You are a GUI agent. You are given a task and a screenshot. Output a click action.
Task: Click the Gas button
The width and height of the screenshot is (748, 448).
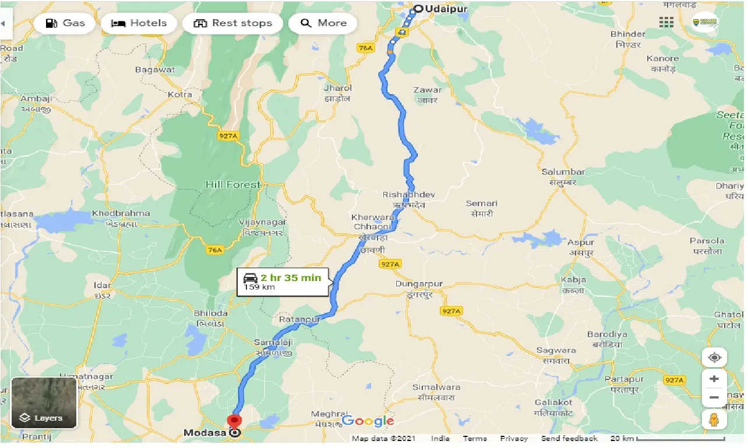(x=64, y=23)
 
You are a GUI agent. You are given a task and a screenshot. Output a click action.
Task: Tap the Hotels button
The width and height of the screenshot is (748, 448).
(x=139, y=23)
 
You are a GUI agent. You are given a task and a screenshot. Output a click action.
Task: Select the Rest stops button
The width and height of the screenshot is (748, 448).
(x=232, y=23)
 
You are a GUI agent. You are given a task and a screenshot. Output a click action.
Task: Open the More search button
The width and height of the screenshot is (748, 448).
(x=323, y=23)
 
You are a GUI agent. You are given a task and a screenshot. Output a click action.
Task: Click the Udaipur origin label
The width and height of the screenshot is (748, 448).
(x=437, y=9)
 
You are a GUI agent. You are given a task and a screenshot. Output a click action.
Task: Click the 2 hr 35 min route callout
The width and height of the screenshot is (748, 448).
(x=283, y=282)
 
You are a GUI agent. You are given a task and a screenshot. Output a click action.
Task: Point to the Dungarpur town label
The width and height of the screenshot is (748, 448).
(x=419, y=284)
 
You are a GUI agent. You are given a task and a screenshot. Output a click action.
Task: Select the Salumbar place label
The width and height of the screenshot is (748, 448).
(x=563, y=172)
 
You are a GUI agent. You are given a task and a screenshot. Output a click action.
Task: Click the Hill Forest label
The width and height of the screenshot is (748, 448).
(x=232, y=184)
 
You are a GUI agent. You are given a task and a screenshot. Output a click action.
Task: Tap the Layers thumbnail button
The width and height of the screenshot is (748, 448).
(x=44, y=403)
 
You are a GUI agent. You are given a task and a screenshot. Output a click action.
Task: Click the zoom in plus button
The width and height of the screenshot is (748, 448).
(x=714, y=379)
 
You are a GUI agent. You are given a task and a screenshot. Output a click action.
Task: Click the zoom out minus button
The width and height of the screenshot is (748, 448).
(x=714, y=399)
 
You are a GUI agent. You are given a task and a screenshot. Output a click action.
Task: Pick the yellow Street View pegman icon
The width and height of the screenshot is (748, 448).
(x=714, y=419)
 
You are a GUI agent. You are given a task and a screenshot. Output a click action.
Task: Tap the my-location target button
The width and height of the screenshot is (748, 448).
(x=714, y=357)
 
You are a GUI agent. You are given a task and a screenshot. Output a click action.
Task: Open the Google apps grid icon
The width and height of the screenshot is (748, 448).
(x=666, y=22)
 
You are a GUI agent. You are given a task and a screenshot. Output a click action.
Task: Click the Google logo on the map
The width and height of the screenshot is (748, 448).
(x=368, y=421)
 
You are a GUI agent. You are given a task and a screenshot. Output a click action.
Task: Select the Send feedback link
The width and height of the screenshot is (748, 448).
(x=569, y=439)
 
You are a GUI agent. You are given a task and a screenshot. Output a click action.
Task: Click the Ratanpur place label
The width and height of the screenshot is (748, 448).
(x=299, y=320)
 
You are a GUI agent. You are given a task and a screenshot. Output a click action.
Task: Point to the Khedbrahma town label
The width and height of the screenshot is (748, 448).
(x=121, y=214)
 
